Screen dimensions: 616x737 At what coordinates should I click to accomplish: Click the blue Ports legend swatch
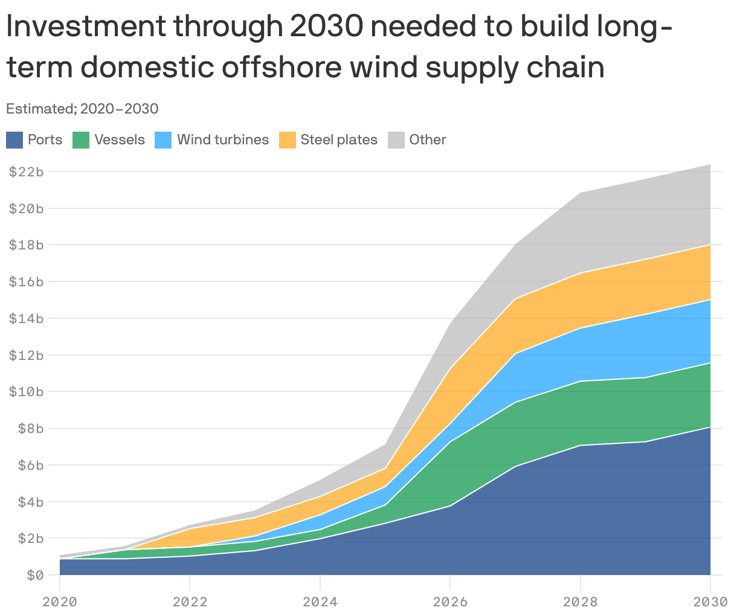pos(14,140)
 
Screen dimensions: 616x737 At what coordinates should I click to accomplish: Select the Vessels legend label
pos(120,140)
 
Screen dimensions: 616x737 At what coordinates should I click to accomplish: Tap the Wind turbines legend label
pos(222,140)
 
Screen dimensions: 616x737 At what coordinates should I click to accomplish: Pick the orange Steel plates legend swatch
pos(287,140)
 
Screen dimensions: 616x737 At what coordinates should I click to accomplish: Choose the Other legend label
pos(427,140)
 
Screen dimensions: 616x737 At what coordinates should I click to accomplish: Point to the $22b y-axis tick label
pos(26,172)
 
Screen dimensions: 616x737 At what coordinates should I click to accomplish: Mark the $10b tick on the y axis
pos(26,391)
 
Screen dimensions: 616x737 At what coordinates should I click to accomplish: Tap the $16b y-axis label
pos(26,281)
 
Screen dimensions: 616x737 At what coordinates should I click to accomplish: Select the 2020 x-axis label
pos(59,602)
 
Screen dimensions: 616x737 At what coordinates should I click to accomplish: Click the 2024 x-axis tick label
pos(320,602)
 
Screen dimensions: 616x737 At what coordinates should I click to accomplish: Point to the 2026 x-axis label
pos(450,602)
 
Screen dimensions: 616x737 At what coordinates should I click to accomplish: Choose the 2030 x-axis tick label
pos(710,602)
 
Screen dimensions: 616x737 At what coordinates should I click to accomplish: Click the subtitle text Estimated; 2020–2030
pos(82,109)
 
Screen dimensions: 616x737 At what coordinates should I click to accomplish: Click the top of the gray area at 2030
pos(710,164)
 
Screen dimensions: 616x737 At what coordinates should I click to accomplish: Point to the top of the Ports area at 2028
pos(581,445)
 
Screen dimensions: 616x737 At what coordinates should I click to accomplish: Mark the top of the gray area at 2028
pos(581,193)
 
